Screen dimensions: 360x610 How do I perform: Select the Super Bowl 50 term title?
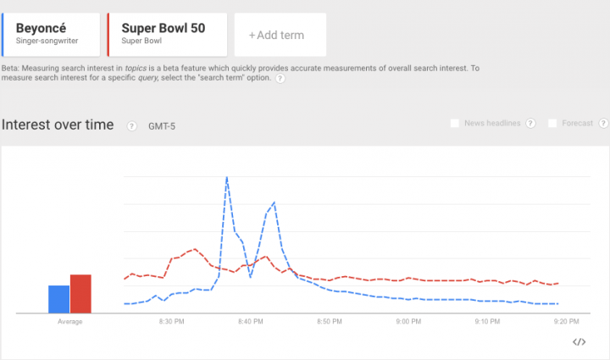[163, 28]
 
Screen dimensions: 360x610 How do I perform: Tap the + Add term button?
[275, 35]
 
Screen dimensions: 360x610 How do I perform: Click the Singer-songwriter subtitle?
[42, 40]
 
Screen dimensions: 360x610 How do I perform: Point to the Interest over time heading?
[58, 125]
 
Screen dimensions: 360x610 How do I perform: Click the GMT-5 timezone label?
[163, 126]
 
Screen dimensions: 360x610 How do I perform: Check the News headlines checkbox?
[455, 124]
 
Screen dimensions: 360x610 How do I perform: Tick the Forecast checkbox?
[553, 124]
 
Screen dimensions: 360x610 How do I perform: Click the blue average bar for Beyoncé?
[58, 300]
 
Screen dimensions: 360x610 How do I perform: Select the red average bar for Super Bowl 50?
[80, 294]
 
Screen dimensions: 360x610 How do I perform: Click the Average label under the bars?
[69, 322]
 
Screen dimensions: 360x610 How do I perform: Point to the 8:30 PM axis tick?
[172, 322]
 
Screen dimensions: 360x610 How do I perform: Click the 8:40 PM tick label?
[251, 322]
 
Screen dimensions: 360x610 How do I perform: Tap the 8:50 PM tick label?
[330, 322]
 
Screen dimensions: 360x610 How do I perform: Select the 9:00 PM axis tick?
[408, 322]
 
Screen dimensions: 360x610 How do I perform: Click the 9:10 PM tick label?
[487, 322]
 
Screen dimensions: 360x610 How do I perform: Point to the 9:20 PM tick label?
[565, 322]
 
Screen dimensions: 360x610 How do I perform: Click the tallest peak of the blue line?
[227, 178]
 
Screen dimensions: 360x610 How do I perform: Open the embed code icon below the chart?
[579, 342]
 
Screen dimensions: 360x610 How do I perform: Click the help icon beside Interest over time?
[131, 126]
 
